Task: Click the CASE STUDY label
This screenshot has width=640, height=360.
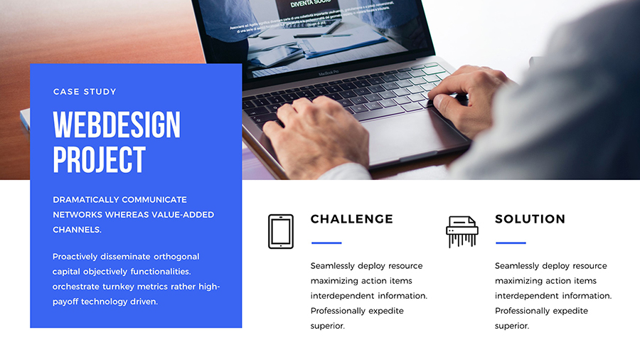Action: coord(85,92)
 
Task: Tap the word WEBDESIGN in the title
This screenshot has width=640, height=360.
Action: coord(117,125)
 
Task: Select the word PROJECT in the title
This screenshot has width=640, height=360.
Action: coord(99,160)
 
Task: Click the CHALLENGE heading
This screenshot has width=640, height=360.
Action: coord(351,219)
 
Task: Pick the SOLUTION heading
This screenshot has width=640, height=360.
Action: coord(530,219)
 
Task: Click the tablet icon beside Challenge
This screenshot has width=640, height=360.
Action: coord(280,231)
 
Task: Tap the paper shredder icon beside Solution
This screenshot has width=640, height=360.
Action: coord(462,231)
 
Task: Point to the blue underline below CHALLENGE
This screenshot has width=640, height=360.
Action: coord(326,243)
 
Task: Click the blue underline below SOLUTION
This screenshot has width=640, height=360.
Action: coord(510,243)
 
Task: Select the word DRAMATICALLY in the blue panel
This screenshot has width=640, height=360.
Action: coord(86,200)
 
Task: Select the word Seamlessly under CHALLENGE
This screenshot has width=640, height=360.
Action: coord(333,266)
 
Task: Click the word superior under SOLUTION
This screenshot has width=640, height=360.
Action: coord(511,326)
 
